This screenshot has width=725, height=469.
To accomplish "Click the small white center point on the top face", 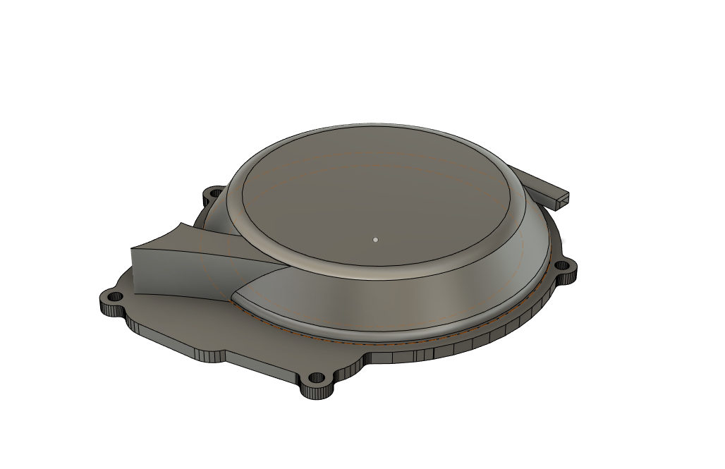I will [376, 239].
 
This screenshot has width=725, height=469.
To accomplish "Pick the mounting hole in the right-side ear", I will [562, 266].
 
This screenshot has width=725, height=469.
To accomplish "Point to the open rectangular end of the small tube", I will [562, 200].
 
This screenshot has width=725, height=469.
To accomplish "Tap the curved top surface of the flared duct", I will [212, 244].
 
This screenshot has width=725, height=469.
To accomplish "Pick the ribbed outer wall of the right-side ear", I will [571, 276].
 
